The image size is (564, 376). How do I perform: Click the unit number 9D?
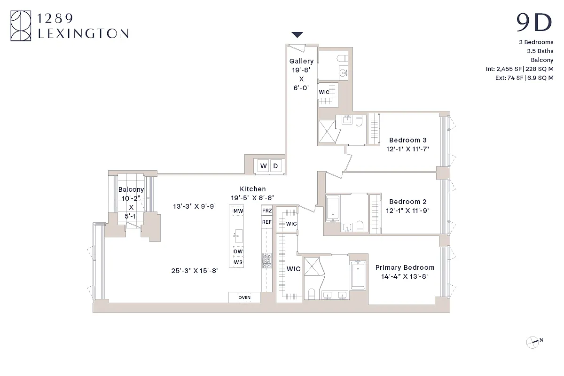click(534, 23)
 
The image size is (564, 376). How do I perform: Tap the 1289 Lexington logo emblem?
click(21, 27)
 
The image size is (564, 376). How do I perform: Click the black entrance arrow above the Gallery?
click(298, 34)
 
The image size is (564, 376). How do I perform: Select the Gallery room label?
click(301, 61)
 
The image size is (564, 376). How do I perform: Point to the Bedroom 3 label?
click(408, 140)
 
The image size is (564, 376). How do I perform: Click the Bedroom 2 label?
click(408, 202)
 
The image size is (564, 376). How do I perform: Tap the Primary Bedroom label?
click(405, 267)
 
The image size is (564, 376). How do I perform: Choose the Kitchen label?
click(252, 189)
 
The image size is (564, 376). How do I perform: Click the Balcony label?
click(131, 190)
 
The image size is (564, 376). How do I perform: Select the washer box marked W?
click(263, 166)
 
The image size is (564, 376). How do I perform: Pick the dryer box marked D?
click(276, 166)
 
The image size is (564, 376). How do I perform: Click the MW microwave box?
click(238, 211)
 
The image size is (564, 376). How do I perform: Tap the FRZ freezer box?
click(267, 211)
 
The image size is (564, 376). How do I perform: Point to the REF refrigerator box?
click(267, 222)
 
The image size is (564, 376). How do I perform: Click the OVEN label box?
click(244, 298)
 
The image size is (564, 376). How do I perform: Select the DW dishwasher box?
click(238, 251)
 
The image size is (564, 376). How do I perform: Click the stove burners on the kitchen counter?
click(267, 260)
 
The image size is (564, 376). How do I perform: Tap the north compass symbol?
click(533, 342)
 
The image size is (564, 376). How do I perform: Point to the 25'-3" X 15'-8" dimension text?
click(195, 270)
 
